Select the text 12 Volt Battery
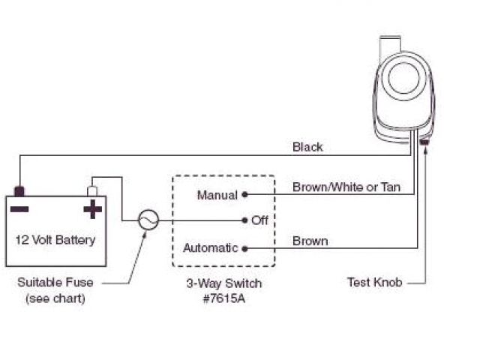click(x=56, y=240)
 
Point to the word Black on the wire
click(x=307, y=147)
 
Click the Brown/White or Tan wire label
click(x=346, y=187)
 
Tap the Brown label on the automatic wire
click(x=310, y=241)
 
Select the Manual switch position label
click(x=217, y=195)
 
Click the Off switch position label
click(x=260, y=220)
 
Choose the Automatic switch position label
click(x=210, y=247)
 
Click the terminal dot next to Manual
click(x=246, y=195)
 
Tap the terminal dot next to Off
click(x=246, y=220)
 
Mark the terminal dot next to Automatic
click(x=246, y=248)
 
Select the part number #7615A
click(x=224, y=298)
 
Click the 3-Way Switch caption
click(x=224, y=284)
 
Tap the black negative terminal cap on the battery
click(x=20, y=190)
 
